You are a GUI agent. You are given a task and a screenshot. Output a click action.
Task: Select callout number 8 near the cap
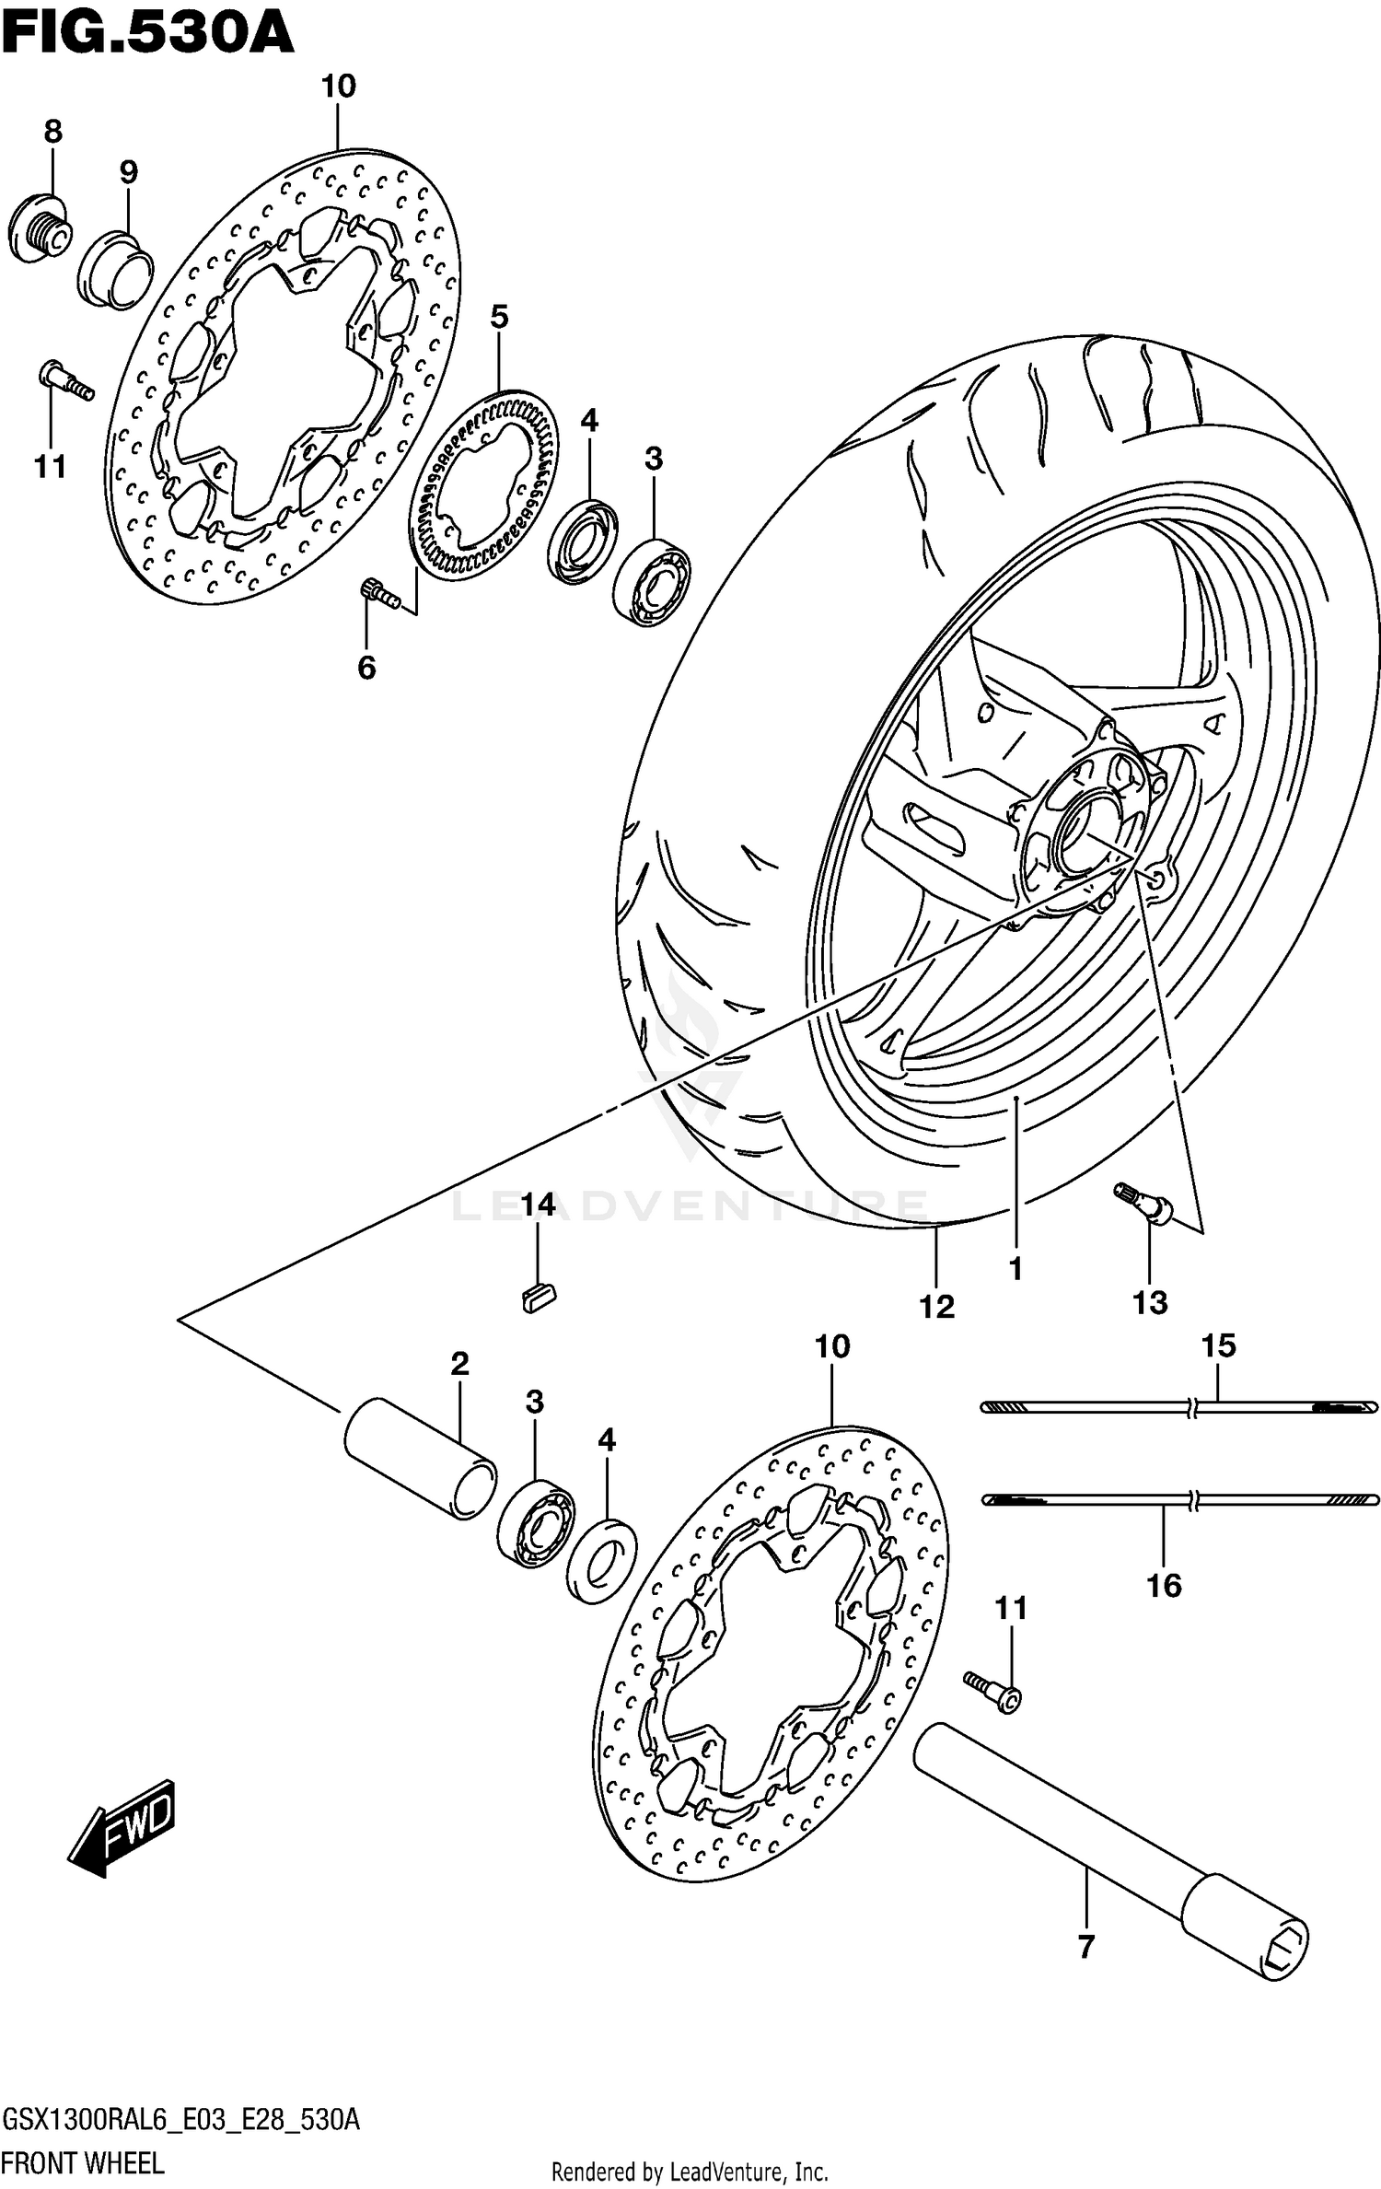click(x=52, y=133)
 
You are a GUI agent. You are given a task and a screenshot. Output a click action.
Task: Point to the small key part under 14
click(x=539, y=1298)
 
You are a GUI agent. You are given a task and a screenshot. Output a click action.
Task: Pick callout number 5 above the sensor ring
click(x=498, y=318)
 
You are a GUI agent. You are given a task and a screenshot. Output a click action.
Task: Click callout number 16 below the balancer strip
click(x=1164, y=1585)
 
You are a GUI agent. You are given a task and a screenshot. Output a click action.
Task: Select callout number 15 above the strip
click(x=1217, y=1345)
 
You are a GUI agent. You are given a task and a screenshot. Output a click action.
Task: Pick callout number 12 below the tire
click(x=936, y=1306)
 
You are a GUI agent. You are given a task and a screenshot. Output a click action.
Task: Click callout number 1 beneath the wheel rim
click(x=1015, y=1269)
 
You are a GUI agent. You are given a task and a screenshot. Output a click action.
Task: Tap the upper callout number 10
click(x=338, y=87)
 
